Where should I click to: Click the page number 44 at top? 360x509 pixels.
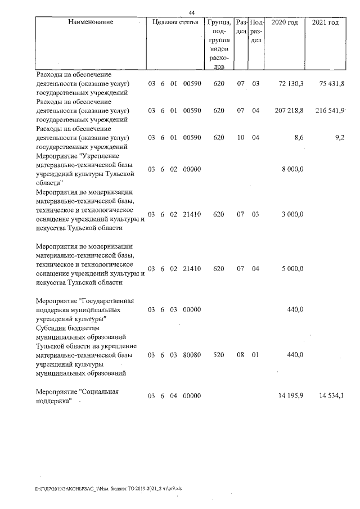pyautogui.click(x=191, y=13)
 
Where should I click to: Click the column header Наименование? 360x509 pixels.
pyautogui.click(x=90, y=22)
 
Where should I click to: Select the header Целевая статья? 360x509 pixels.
pyautogui.click(x=175, y=22)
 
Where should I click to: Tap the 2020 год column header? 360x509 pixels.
pyautogui.click(x=285, y=22)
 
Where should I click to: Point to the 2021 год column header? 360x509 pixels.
pyautogui.click(x=325, y=22)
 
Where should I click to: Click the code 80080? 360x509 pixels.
pyautogui.click(x=192, y=355)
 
